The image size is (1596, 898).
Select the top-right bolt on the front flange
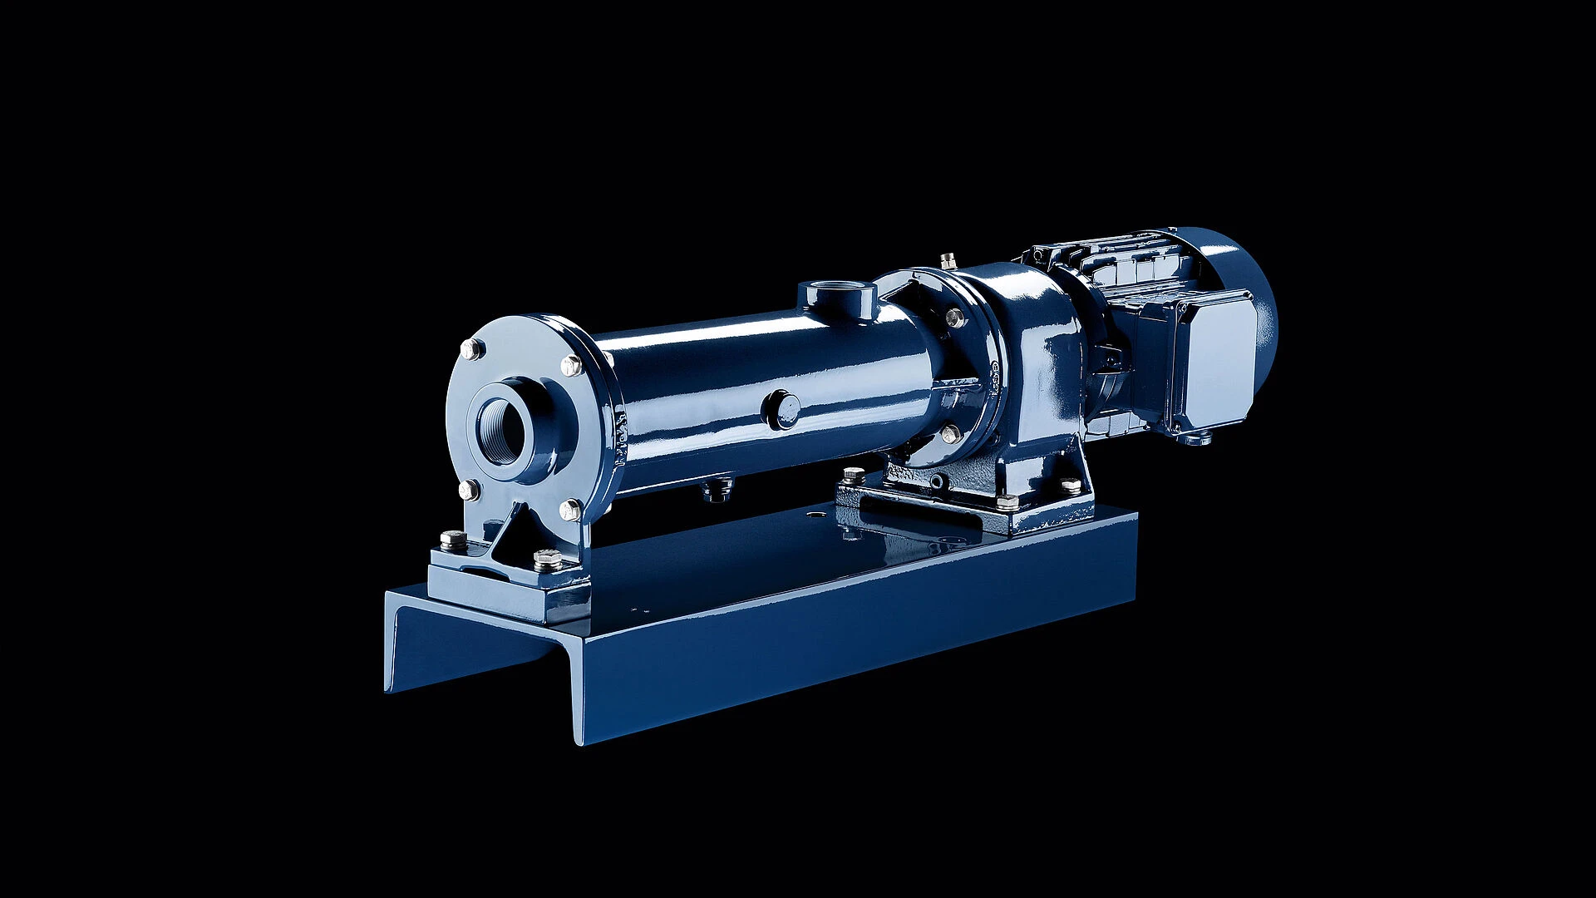[571, 366]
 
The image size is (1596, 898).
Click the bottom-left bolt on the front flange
[469, 490]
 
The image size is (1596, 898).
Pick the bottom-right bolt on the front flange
[570, 510]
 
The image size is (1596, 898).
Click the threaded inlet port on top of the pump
[837, 297]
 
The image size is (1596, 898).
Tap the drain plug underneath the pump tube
[717, 490]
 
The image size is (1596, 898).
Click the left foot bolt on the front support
[454, 540]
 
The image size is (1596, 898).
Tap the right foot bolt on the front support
[548, 560]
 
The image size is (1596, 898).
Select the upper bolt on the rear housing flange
[954, 317]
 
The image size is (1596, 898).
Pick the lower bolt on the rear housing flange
[951, 433]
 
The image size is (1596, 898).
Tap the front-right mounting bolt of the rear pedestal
[1007, 502]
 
